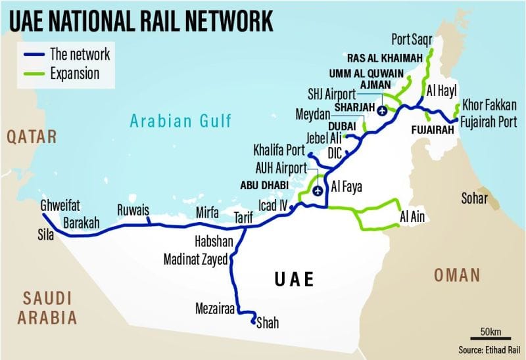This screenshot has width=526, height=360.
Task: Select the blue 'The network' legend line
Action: tap(35, 55)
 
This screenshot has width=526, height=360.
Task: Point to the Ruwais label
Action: tap(133, 212)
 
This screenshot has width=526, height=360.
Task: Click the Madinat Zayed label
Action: tap(195, 261)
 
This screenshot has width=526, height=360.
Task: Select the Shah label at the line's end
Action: tap(267, 322)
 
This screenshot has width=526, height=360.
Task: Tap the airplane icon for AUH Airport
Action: tap(318, 191)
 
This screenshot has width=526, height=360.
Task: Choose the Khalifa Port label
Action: tap(280, 149)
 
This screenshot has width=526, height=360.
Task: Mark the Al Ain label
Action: tap(412, 217)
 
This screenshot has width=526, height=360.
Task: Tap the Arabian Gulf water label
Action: tap(180, 121)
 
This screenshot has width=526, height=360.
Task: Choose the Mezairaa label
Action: tap(215, 307)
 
